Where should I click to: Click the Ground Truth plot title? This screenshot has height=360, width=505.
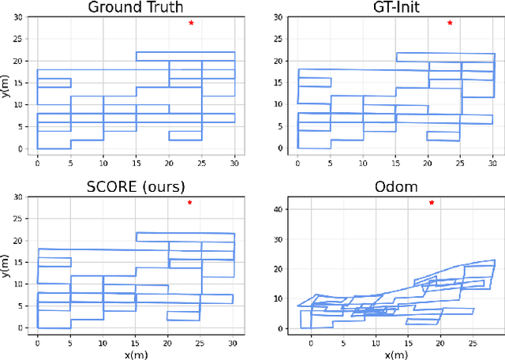(136, 7)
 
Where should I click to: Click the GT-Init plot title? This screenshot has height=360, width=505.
(396, 7)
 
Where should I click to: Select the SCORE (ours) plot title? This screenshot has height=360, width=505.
(136, 187)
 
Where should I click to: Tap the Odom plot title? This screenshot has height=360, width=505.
(396, 187)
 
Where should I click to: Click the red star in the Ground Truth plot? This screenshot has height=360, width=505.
(191, 23)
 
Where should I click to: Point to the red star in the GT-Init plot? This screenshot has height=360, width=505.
(450, 23)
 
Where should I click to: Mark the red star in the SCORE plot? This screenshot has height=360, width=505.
(189, 203)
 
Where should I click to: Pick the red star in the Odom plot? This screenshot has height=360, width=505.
(432, 203)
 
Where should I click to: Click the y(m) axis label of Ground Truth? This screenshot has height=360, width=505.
(7, 84)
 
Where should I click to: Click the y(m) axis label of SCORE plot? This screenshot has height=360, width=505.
(7, 263)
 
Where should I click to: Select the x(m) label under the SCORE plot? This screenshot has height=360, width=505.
(136, 353)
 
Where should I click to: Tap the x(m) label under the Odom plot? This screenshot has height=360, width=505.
(396, 353)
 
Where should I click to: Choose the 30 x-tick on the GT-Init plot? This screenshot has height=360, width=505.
(494, 160)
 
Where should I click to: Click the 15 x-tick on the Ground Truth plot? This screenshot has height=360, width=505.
(136, 160)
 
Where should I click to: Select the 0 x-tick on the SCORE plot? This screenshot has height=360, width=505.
(38, 339)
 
